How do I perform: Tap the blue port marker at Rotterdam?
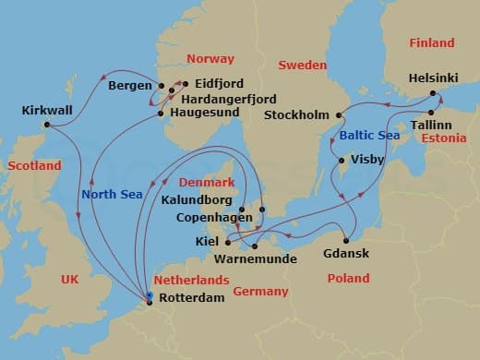point(149,296)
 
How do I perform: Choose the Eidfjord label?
point(220,83)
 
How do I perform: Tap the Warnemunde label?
point(261,259)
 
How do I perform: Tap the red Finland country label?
point(432,43)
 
